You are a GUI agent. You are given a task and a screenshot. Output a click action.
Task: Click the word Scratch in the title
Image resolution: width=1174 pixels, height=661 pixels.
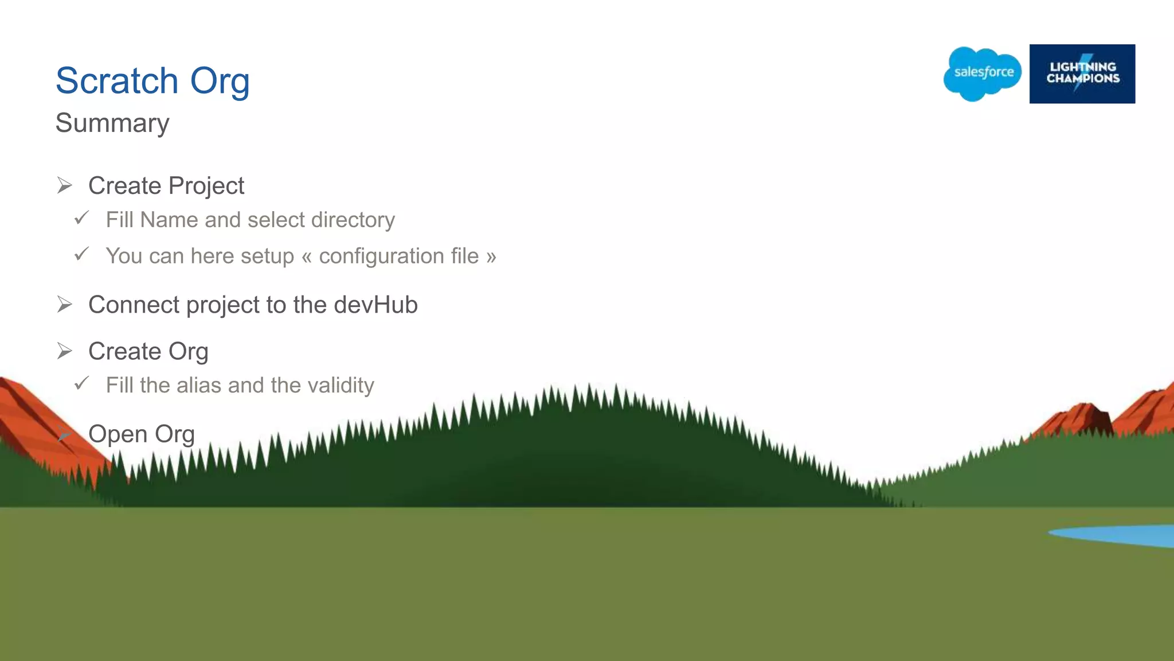click(117, 81)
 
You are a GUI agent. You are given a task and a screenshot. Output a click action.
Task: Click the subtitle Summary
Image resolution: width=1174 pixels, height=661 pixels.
click(112, 123)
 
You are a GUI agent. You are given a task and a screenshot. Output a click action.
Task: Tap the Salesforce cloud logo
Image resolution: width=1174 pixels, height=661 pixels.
click(983, 73)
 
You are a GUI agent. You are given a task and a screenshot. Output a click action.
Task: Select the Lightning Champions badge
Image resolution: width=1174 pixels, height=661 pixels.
click(1082, 73)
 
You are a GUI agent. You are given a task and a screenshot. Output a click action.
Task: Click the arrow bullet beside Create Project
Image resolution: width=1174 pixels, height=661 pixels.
click(65, 185)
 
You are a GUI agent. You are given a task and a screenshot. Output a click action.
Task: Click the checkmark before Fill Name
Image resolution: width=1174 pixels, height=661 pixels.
click(82, 218)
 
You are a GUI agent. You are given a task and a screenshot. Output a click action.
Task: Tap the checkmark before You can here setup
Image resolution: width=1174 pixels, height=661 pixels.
click(82, 254)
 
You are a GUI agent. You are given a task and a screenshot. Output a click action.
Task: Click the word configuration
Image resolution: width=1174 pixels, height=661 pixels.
click(398, 256)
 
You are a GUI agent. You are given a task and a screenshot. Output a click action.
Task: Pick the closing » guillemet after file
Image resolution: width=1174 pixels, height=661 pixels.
click(491, 256)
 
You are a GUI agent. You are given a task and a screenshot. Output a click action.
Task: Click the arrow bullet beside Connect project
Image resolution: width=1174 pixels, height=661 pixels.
click(65, 304)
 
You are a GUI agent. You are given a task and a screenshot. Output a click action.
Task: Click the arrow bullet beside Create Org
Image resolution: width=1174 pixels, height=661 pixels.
click(65, 351)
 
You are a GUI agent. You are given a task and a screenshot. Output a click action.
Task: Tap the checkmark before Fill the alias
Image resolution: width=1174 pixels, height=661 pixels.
click(82, 383)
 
